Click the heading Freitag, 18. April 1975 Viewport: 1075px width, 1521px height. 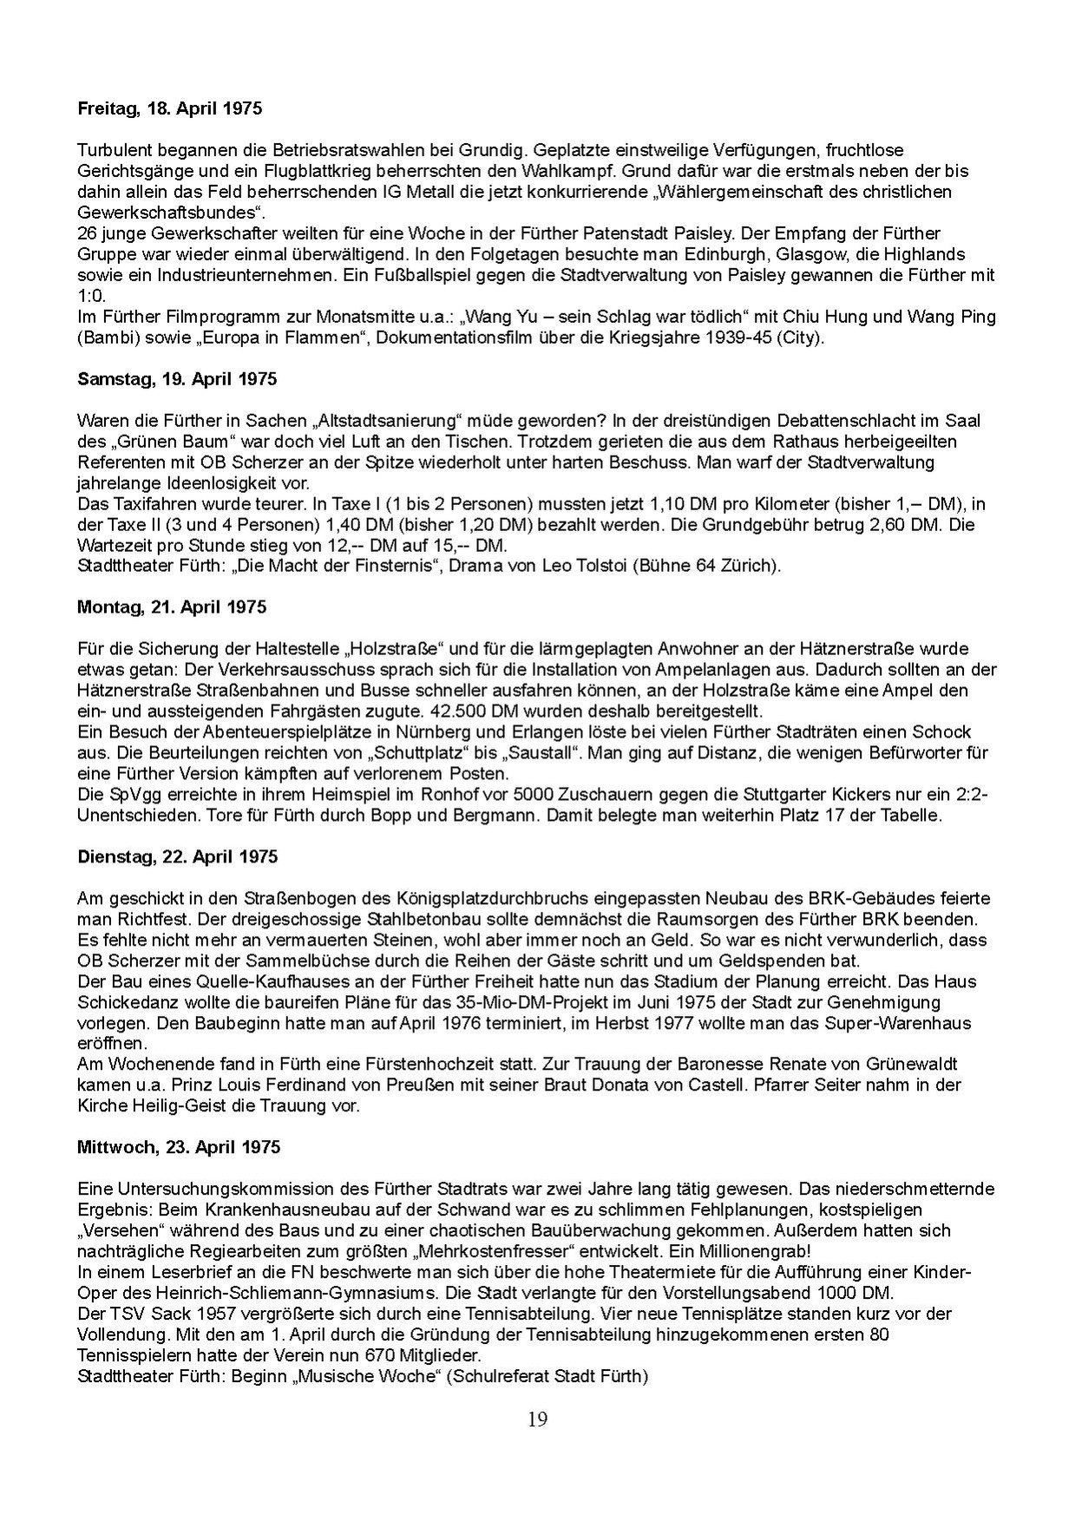(x=169, y=109)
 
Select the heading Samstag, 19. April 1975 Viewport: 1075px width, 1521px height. (x=177, y=379)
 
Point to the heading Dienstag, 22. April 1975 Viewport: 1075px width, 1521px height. (x=178, y=856)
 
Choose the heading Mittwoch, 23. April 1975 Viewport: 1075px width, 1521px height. (x=179, y=1147)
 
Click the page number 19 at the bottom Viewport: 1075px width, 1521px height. (x=537, y=1419)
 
